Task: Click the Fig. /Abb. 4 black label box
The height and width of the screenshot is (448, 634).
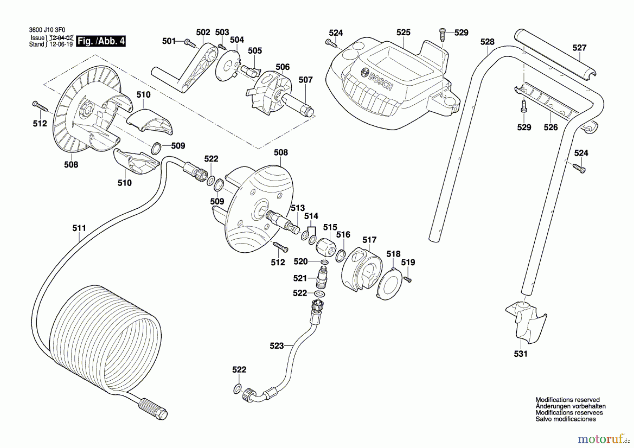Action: coord(101,41)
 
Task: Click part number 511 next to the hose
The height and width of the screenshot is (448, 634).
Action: coord(79,228)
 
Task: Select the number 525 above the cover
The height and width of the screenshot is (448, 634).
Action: coord(403,32)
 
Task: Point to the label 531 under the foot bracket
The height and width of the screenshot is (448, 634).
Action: coord(521,354)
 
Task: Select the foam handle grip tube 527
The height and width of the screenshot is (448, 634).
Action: coord(555,55)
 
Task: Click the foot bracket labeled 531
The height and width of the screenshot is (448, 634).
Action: coord(527,323)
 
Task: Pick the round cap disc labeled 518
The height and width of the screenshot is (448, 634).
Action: coord(389,284)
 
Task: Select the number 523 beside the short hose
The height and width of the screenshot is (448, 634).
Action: coord(276,346)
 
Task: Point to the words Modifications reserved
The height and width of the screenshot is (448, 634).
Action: coord(567,400)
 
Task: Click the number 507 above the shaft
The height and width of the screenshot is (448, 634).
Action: coord(305,80)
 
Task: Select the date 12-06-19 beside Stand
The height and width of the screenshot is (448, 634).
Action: coord(61,44)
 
